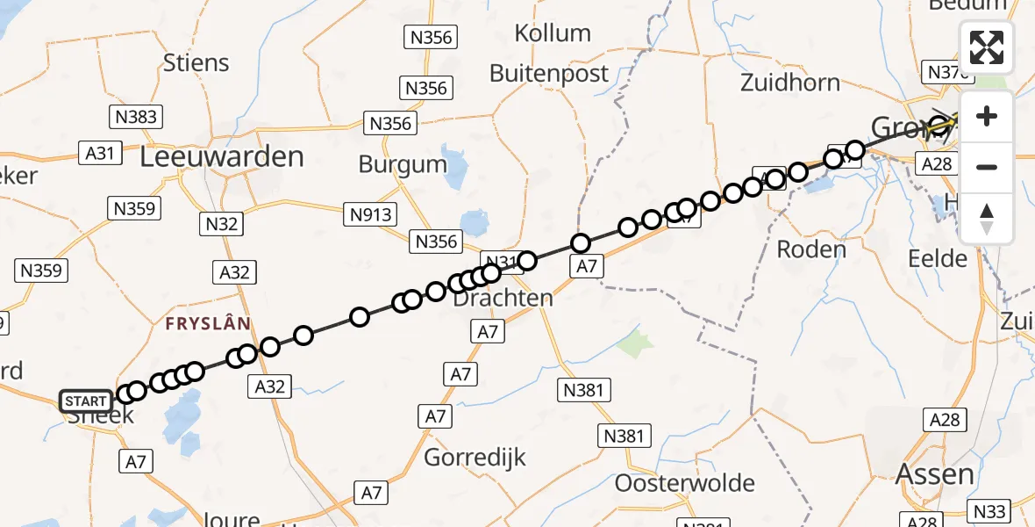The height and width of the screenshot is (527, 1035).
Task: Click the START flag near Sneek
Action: coord(86,401)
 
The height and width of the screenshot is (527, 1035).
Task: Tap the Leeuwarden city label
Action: coord(222,157)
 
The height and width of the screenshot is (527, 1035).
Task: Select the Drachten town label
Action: coord(503,298)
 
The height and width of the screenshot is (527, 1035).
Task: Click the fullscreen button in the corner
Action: coord(987,47)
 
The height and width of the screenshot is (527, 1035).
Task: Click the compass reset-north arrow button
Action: coord(987,218)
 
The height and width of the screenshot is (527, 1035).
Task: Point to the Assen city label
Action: coord(934,475)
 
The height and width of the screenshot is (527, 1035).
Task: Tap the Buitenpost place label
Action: coord(549,74)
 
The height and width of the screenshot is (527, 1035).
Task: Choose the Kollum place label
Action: coord(553,33)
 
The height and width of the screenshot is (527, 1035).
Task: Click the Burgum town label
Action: coord(403,163)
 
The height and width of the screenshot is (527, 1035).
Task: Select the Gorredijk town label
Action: coord(475,457)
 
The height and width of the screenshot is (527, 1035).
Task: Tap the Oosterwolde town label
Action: coord(685,483)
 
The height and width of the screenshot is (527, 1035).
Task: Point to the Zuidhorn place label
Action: coord(789,83)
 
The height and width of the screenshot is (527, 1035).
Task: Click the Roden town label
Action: coord(811,249)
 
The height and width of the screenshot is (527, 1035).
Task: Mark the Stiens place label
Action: coord(196,63)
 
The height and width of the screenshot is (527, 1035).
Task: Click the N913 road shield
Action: coord(372,213)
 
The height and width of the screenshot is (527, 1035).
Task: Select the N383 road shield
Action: coord(136,117)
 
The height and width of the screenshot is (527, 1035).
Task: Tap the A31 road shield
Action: coord(100,153)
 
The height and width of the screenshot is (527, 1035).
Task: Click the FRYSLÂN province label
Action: coord(209,323)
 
